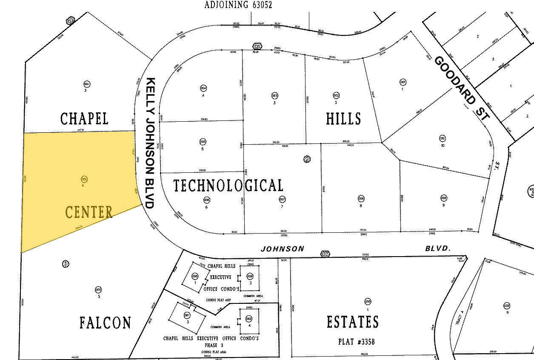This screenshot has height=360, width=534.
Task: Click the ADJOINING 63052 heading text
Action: coord(238,5)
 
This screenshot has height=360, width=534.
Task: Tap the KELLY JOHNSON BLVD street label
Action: coord(150,143)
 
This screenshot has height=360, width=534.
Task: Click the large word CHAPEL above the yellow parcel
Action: coord(84,118)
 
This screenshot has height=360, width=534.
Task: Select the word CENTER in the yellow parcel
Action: coord(89,212)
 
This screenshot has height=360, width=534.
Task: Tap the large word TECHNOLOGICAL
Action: coord(228,186)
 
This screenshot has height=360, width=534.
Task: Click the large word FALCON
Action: coord(105,323)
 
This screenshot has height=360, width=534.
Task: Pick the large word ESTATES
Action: coord(352,322)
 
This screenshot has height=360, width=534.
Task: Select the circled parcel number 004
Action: coord(203,88)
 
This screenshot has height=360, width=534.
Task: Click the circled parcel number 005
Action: coord(203,142)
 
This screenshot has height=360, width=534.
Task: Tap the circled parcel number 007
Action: coord(282,199)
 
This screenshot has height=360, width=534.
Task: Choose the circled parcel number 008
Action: coord(361,198)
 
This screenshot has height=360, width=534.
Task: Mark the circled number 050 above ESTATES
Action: coord(368,302)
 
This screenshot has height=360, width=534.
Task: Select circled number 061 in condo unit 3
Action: coord(186,315)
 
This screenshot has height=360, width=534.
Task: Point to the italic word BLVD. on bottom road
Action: coord(437,248)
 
